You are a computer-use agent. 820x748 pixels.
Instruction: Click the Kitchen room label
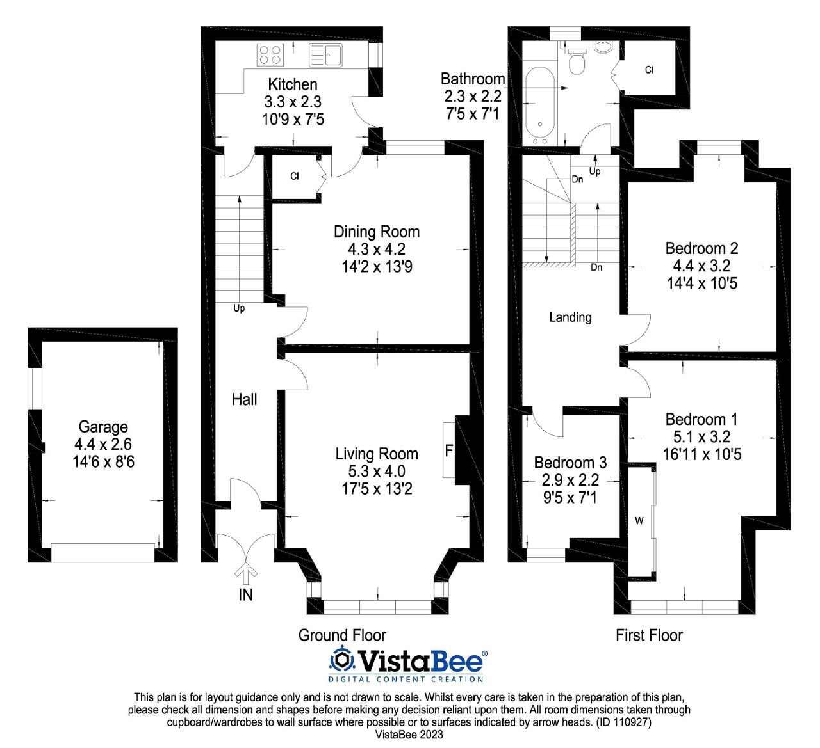[x=292, y=84]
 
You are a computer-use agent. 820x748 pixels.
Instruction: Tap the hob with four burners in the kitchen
[x=270, y=54]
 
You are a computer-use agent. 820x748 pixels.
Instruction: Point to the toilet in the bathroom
[x=577, y=63]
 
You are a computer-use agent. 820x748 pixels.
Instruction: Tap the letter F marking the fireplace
[x=448, y=451]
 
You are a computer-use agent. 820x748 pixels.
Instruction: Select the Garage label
[x=103, y=427]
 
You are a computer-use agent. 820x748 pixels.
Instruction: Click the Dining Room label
[x=377, y=232]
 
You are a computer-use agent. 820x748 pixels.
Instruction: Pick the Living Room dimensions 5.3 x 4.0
[x=377, y=472]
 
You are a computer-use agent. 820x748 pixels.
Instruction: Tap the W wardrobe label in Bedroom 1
[x=639, y=521]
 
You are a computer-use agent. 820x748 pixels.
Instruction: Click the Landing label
[x=570, y=317]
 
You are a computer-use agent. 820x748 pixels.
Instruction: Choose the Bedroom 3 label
[x=570, y=463]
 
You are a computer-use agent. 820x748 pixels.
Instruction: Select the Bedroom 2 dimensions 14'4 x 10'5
[x=701, y=283]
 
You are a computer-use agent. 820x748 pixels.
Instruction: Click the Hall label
[x=244, y=400]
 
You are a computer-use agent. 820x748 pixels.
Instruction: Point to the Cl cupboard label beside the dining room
[x=294, y=176]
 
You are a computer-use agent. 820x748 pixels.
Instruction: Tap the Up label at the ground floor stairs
[x=239, y=308]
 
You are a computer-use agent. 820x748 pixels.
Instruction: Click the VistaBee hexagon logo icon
[x=341, y=659]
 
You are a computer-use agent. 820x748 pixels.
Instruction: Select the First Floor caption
[x=649, y=635]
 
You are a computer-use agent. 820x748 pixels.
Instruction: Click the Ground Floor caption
[x=342, y=635]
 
